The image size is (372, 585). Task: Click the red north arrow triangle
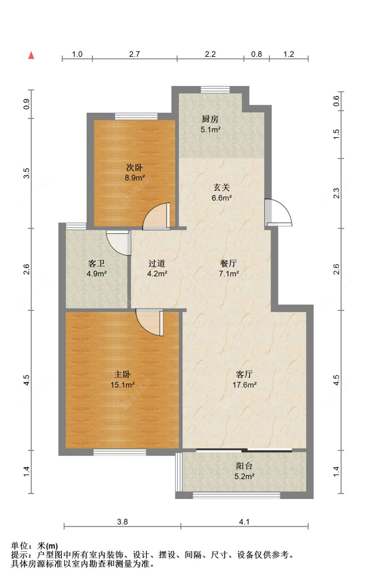click(x=31, y=55)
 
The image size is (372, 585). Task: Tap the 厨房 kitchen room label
click(x=210, y=119)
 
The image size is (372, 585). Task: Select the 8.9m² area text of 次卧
click(x=135, y=178)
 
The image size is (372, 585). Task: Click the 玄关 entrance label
click(x=222, y=188)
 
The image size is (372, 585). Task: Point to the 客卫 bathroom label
click(x=97, y=263)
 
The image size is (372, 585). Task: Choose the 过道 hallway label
click(x=157, y=263)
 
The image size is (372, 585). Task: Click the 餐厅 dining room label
click(x=228, y=263)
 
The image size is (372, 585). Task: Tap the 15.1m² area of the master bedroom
click(x=122, y=385)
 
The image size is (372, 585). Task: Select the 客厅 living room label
click(x=244, y=374)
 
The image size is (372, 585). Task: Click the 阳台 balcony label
click(x=244, y=466)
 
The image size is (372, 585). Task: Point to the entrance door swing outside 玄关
click(x=278, y=213)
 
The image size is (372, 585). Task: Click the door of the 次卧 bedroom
click(x=156, y=216)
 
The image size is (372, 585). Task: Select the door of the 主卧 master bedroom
click(x=149, y=322)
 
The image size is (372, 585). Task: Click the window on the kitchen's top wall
click(x=215, y=89)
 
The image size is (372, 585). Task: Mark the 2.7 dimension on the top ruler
click(x=134, y=54)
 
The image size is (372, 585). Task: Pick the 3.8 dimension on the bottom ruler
click(x=122, y=522)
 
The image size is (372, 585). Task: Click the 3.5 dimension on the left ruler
click(x=26, y=173)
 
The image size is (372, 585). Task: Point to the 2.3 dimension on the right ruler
click(x=336, y=193)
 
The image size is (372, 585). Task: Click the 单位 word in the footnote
click(x=19, y=546)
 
